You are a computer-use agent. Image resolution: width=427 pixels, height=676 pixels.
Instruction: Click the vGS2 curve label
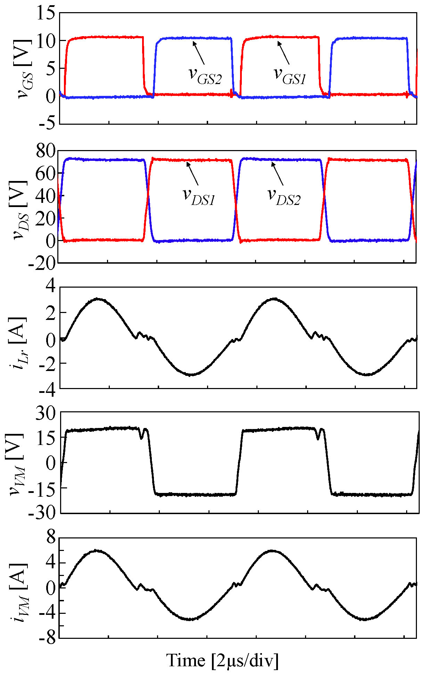(205, 75)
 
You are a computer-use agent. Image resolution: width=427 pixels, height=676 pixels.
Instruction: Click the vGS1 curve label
(290, 75)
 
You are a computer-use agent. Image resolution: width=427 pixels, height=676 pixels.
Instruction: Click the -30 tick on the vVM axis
(42, 513)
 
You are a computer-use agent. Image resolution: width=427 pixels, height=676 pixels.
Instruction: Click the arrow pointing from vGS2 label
(198, 52)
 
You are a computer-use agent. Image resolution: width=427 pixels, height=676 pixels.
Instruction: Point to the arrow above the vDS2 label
(277, 174)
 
